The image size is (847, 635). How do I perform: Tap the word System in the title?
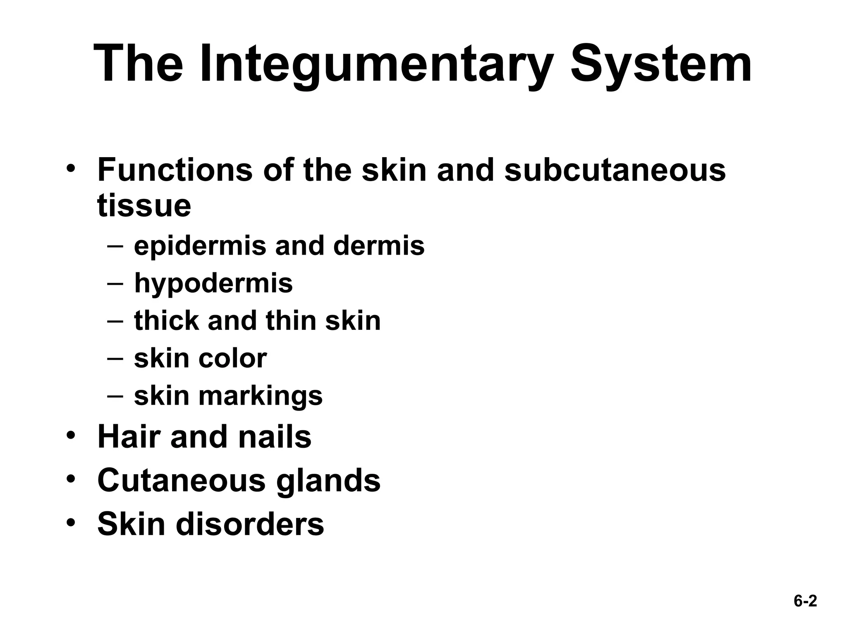tap(660, 65)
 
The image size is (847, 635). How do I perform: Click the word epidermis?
tap(200, 246)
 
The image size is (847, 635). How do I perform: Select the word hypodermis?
tap(213, 284)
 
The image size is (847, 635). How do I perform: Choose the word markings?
tap(260, 396)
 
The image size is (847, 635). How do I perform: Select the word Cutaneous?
tap(181, 480)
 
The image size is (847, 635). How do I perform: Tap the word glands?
tap(328, 480)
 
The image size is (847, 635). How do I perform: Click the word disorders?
tap(250, 524)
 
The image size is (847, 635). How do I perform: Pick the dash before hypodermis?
tap(115, 284)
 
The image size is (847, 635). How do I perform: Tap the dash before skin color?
tap(115, 358)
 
